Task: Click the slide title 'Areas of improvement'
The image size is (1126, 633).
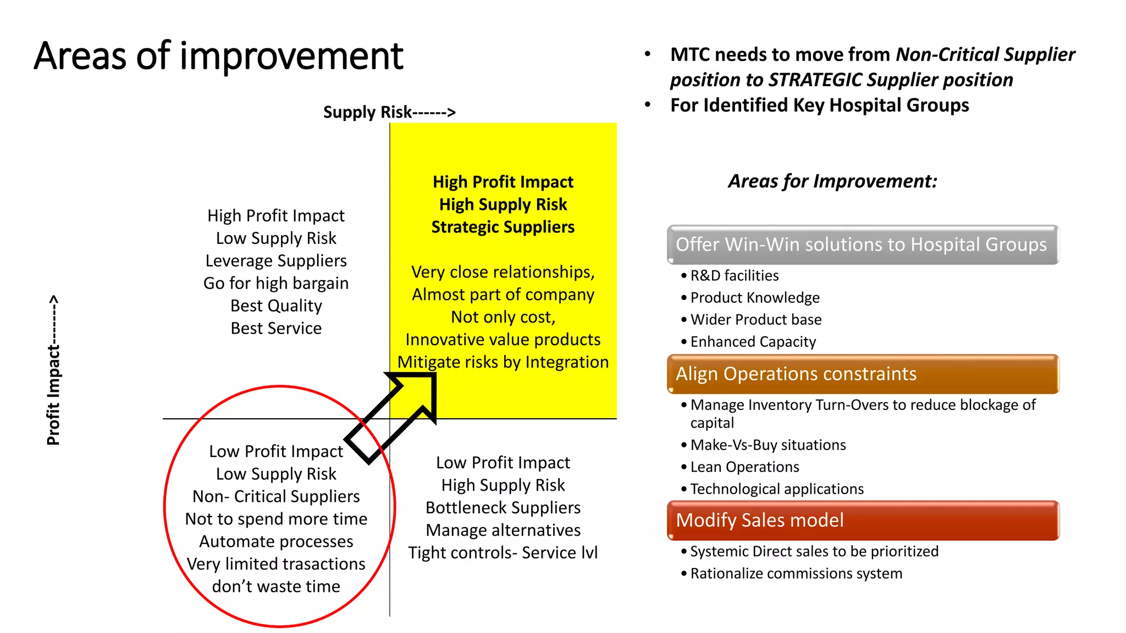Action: coord(218,56)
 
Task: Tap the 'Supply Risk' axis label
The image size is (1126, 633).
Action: coord(389,112)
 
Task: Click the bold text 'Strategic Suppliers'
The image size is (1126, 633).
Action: coord(503,227)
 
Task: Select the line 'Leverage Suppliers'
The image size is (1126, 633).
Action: coord(276,260)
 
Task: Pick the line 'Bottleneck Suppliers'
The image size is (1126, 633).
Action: coord(503,508)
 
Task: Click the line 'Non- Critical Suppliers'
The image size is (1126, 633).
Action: coord(276,496)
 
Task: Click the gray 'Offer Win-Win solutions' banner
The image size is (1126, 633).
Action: coord(862,245)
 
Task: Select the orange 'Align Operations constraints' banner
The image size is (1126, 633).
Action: coord(862,374)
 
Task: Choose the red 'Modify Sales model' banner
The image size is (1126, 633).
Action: coord(862,520)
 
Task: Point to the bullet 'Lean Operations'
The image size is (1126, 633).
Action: coord(744,467)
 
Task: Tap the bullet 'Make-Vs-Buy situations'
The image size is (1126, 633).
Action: coord(768,445)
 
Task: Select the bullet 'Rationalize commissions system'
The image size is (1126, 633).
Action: coord(796,574)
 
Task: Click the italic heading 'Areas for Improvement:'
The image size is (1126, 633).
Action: coord(832,181)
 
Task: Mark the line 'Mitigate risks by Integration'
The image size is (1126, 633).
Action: coord(503,362)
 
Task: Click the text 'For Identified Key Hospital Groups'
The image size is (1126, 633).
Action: coord(819,105)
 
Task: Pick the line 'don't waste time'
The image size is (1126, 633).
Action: coord(276,586)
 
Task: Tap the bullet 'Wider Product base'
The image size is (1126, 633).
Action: coord(755,320)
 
